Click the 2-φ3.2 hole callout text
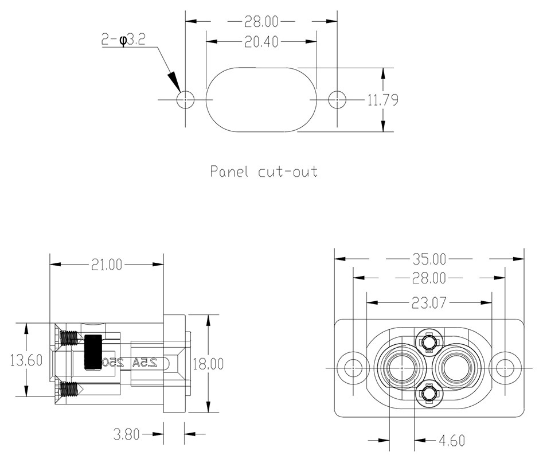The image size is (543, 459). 123,40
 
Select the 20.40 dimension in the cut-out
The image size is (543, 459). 261,42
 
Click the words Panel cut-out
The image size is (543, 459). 264,171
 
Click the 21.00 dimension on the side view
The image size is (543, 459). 107,264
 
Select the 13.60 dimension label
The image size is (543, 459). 26,360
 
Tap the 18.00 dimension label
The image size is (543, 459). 209,363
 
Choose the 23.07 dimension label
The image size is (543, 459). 429,302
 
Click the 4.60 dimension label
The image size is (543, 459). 451,441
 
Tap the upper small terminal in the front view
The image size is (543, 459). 428,343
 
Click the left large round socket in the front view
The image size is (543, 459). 400,367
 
